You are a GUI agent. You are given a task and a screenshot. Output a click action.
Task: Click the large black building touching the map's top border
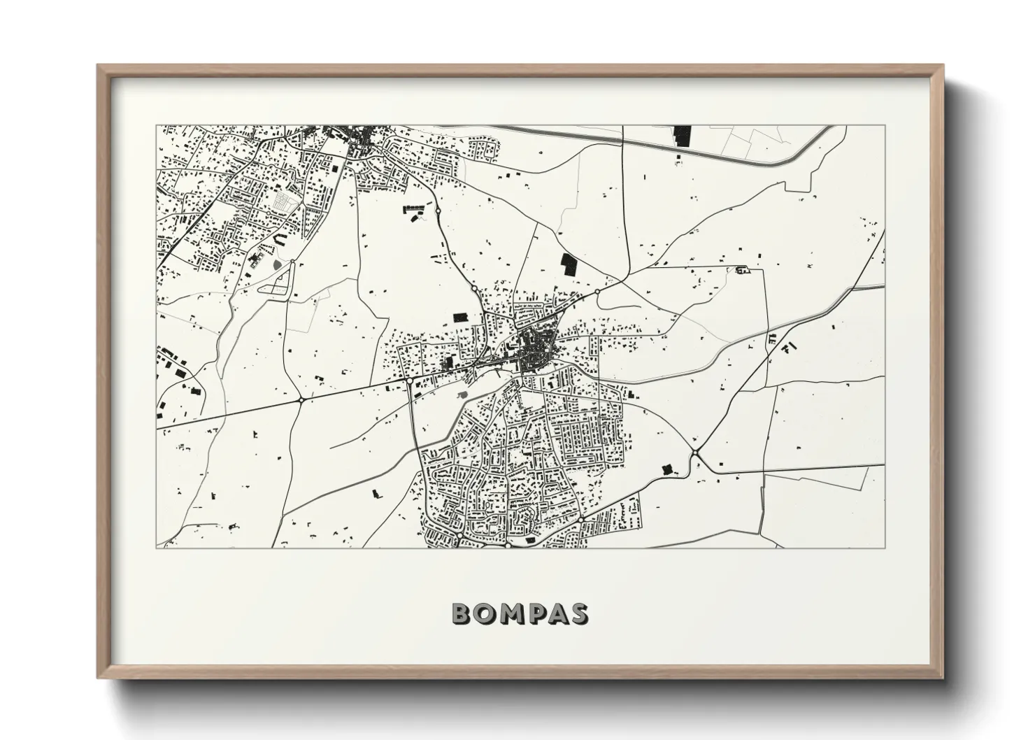click(x=681, y=135)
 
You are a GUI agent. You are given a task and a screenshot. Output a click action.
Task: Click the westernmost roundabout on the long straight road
click(x=301, y=399)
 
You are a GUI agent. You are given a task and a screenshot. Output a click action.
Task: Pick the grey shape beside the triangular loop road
click(x=273, y=264)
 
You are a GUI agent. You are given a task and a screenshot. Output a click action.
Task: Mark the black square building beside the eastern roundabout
click(x=666, y=467)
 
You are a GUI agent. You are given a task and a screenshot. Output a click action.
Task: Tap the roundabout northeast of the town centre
click(x=597, y=291)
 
